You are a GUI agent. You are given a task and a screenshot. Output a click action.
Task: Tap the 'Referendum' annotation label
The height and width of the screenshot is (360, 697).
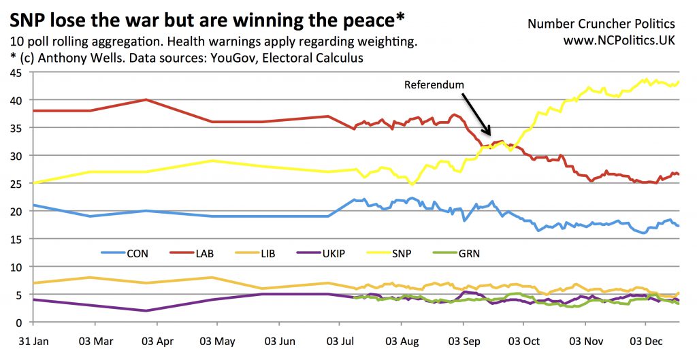click(x=434, y=85)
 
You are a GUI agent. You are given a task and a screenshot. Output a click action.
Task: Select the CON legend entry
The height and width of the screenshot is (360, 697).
click(x=135, y=255)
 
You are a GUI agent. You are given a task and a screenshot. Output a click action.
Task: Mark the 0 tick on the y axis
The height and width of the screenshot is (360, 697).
click(x=15, y=323)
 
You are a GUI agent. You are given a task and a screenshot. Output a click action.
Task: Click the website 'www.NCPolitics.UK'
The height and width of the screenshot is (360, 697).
click(x=619, y=42)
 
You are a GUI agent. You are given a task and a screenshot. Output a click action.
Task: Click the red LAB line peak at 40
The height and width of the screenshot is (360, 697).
click(x=146, y=99)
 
